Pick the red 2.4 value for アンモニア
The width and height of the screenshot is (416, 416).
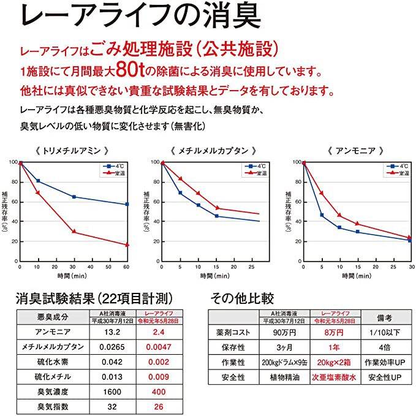click(159, 331)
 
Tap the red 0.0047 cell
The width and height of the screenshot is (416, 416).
click(159, 347)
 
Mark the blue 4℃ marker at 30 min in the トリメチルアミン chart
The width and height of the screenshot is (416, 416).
click(74, 197)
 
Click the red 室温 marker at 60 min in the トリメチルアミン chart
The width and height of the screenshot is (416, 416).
click(127, 245)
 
